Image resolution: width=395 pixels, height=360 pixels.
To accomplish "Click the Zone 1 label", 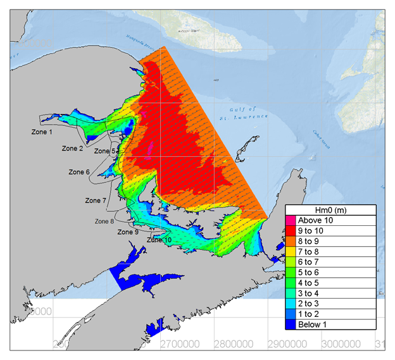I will coord(42,132).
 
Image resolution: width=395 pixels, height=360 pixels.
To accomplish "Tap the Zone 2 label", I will coord(72,149).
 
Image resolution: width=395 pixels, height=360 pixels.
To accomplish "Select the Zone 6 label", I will coord(79,172).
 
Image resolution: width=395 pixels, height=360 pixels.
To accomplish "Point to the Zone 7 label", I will coord(96,201).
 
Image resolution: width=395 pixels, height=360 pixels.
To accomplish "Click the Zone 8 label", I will coord(104,221).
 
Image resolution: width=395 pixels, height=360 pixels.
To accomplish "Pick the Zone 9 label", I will coord(127,232).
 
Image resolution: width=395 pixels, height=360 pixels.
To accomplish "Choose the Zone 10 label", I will coord(159,240).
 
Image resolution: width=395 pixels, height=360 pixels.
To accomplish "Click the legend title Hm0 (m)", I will coord(330,210).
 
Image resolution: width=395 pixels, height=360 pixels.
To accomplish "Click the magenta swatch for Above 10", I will coord(291,221).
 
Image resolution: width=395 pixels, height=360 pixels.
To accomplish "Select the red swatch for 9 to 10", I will coord(291,231).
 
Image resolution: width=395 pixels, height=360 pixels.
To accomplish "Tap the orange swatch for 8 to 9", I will coord(291,242).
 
